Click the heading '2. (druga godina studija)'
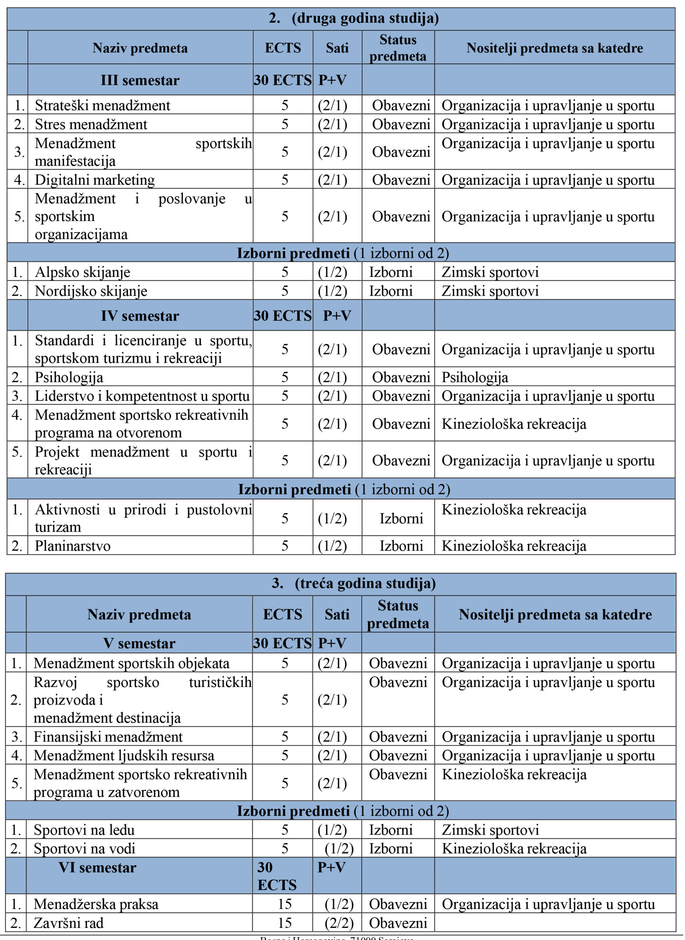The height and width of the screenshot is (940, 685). (354, 18)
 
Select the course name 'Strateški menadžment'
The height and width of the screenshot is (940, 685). (102, 105)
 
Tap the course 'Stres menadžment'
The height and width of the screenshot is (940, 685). (91, 124)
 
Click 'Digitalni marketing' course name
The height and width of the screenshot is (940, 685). (95, 180)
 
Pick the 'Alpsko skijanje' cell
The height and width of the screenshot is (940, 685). (83, 272)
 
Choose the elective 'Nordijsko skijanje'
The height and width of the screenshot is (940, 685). (91, 291)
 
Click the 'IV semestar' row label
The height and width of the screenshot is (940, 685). (140, 315)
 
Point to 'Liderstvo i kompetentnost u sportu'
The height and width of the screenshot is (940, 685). (142, 395)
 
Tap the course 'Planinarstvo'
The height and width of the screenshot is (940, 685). (73, 546)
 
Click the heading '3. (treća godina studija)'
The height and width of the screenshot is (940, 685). (353, 583)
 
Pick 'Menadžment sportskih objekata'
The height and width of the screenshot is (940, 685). (131, 663)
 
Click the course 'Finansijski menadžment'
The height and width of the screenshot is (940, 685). (108, 737)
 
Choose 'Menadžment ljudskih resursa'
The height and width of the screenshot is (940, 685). (124, 755)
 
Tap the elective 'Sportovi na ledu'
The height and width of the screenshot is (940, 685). (84, 830)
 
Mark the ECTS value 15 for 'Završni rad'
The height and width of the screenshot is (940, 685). (284, 923)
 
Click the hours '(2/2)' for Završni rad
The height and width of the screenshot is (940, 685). (339, 923)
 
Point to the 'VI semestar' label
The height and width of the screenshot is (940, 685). (97, 867)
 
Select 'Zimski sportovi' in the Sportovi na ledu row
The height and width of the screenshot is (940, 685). (490, 830)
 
